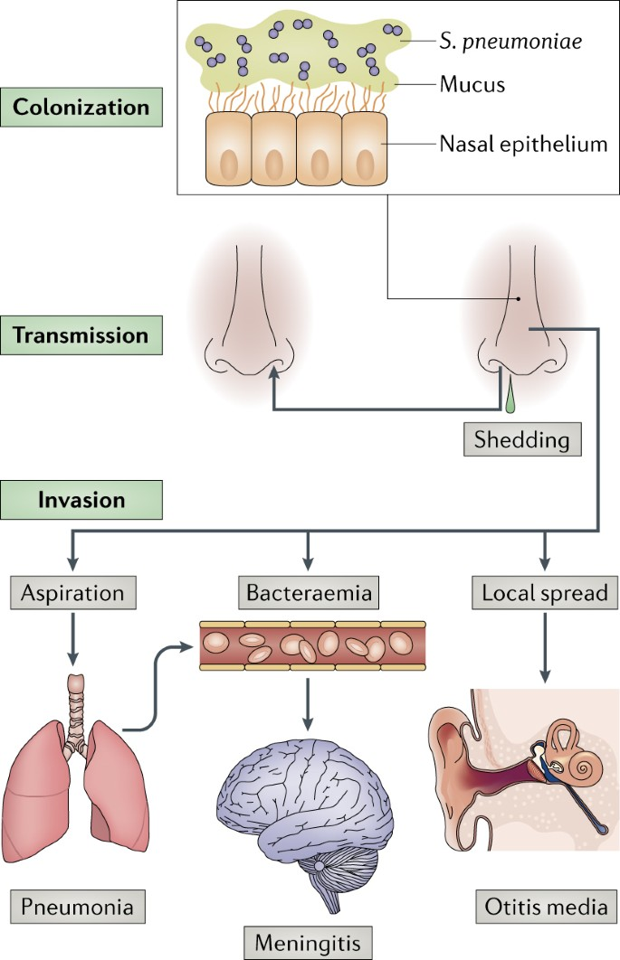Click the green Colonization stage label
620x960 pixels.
click(81, 108)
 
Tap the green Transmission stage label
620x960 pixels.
click(81, 334)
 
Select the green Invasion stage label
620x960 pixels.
click(81, 500)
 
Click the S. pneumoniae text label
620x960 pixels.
click(510, 42)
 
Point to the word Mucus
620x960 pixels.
click(472, 84)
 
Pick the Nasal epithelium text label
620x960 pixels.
click(523, 144)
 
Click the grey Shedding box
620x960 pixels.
click(522, 439)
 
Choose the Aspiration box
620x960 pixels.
click(73, 593)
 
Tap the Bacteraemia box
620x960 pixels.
click(309, 593)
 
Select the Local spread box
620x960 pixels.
click(545, 593)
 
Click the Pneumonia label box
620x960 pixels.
click(78, 906)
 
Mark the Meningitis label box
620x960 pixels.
click(308, 943)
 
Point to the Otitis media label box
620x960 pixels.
click(547, 906)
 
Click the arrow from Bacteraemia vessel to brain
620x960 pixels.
click(308, 703)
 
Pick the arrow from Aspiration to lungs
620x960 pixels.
click(73, 638)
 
